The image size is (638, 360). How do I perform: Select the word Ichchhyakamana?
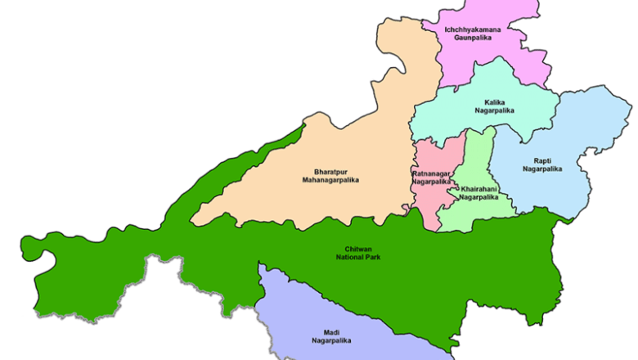pos(472,29)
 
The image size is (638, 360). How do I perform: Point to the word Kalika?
pos(494,101)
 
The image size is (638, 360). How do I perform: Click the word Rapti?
pos(542,160)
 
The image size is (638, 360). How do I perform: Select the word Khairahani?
pos(478,188)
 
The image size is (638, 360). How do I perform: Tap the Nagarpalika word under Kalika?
pos(494,110)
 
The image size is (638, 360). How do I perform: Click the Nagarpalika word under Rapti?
pos(542,169)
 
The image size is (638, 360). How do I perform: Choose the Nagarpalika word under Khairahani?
pos(478,197)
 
